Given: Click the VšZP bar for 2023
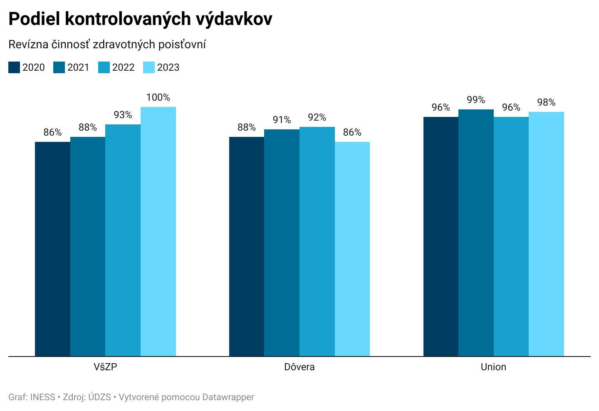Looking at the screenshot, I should tap(158, 231).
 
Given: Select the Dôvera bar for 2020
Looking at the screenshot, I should tap(247, 246).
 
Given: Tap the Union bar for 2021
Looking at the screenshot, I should tap(476, 233).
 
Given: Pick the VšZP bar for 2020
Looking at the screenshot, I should tap(52, 249).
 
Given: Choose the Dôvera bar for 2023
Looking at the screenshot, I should tap(352, 249).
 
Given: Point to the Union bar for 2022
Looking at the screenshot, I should tap(511, 236).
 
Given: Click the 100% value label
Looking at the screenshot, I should tap(158, 97).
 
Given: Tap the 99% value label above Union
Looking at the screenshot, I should tap(476, 100).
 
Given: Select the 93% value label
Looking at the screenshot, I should tap(123, 115).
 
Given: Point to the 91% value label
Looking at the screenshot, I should tap(282, 120).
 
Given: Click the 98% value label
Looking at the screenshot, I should tap(546, 102).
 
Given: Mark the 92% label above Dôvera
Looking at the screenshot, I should tap(317, 117).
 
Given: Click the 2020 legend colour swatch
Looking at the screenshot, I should tap(14, 67).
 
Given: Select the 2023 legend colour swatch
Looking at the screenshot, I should tap(149, 67).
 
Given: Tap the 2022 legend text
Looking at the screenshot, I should tap(124, 67).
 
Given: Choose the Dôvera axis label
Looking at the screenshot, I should tap(299, 367).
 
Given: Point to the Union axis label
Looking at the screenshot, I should tap(493, 367).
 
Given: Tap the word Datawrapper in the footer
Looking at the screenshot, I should tap(228, 397).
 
